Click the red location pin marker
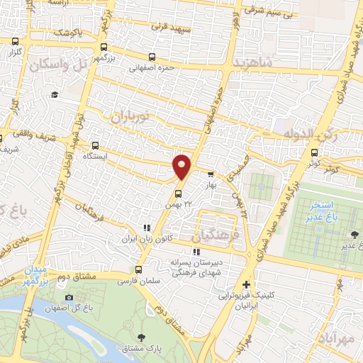[x=182, y=167]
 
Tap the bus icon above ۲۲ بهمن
[x=179, y=191]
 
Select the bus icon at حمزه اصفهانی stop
[x=152, y=57]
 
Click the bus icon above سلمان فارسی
[x=138, y=269]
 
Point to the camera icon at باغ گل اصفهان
[x=69, y=298]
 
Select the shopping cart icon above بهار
[x=210, y=174]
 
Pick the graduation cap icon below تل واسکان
[x=54, y=95]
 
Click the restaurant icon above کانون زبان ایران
[x=147, y=228]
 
